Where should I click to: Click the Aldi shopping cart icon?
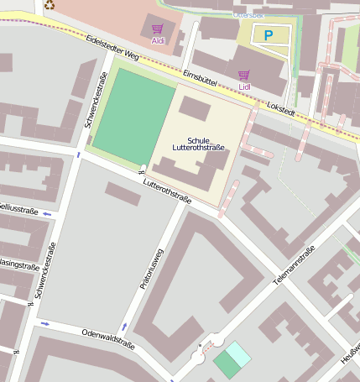pos(157,28)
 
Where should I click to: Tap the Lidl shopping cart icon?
pos(244,75)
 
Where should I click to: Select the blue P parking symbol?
pos(269,36)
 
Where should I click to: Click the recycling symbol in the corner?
pos(50,5)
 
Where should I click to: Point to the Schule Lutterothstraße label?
pos(199,144)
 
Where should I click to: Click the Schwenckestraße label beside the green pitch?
pos(96,100)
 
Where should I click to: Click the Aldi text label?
pos(158,40)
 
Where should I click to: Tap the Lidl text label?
pos(245,86)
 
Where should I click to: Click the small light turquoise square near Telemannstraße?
pos(238,353)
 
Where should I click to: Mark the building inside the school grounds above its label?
pos(195,108)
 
